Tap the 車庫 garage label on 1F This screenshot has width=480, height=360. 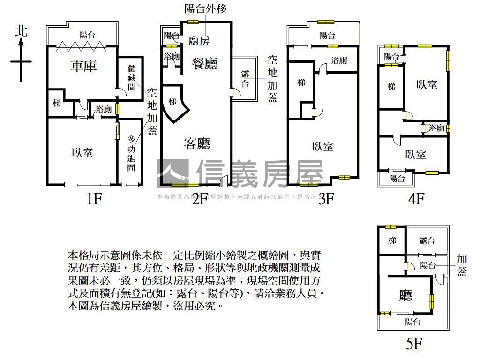click(83, 66)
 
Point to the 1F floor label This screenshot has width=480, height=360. click(94, 199)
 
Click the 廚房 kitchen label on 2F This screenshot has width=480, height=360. click(199, 41)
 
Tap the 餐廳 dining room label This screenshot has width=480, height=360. click(205, 63)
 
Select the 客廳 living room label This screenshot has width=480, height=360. click(197, 143)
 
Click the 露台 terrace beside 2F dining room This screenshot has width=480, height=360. click(245, 79)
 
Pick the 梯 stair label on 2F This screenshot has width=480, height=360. click(172, 101)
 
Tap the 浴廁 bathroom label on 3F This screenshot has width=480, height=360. click(338, 60)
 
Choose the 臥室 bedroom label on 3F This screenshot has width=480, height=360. click(323, 146)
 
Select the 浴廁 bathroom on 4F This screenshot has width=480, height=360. click(436, 127)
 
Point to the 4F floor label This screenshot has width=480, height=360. click(416, 199)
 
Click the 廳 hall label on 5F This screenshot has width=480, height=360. click(405, 295)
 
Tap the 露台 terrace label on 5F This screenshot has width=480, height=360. click(427, 241)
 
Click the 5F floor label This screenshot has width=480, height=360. click(414, 345)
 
